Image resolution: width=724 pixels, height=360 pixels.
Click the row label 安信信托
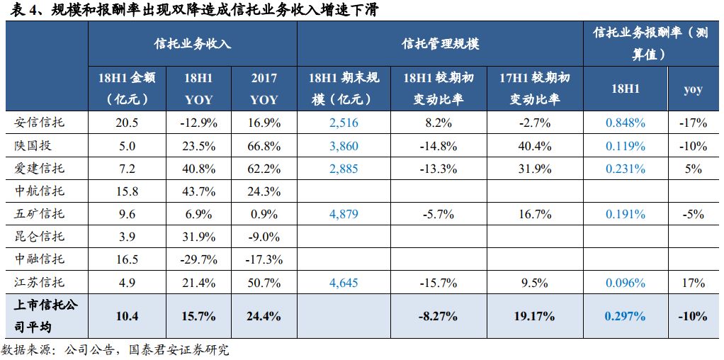pyautogui.click(x=40, y=123)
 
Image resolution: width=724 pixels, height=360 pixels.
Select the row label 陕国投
pyautogui.click(x=34, y=146)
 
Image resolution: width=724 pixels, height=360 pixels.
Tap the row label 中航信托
pyautogui.click(x=40, y=191)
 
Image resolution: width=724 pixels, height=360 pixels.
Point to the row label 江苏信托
pyautogui.click(x=40, y=283)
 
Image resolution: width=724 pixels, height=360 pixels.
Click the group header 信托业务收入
pyautogui.click(x=193, y=43)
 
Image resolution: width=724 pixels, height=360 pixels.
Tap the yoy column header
pyautogui.click(x=693, y=89)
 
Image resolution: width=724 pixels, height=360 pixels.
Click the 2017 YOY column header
pyautogui.click(x=264, y=89)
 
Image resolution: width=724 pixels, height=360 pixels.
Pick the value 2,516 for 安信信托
pyautogui.click(x=344, y=123)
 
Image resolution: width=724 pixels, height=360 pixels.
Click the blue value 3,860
pyautogui.click(x=344, y=146)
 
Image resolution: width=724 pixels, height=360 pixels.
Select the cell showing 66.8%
pyautogui.click(x=264, y=146)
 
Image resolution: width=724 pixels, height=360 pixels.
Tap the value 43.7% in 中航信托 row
pyautogui.click(x=198, y=191)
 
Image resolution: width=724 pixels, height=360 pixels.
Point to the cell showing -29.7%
pyautogui.click(x=198, y=259)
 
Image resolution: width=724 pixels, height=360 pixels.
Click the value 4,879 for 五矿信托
pyautogui.click(x=344, y=214)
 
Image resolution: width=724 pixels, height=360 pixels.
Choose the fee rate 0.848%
pyautogui.click(x=625, y=123)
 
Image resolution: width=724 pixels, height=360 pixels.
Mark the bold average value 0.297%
pyautogui.click(x=625, y=316)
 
